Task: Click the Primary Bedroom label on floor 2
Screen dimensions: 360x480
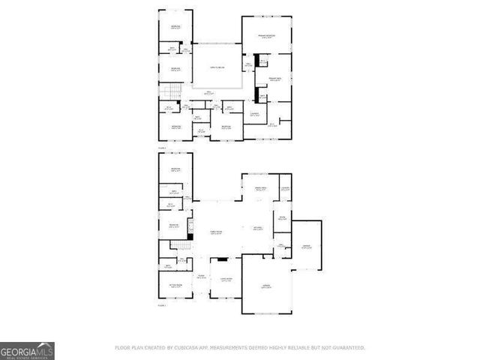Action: [x=266, y=36]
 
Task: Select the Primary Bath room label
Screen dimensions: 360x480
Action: [x=274, y=79]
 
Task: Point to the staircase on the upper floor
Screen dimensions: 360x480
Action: [x=173, y=92]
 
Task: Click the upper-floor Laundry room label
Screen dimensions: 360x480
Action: [x=255, y=114]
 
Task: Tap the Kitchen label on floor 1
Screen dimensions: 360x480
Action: [x=257, y=229]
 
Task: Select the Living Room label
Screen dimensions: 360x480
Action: [x=226, y=281]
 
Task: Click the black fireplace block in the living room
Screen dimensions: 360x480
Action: [x=222, y=260]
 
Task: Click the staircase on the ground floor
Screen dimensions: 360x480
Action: [x=178, y=247]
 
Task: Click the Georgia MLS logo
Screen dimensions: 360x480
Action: [x=27, y=351]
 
